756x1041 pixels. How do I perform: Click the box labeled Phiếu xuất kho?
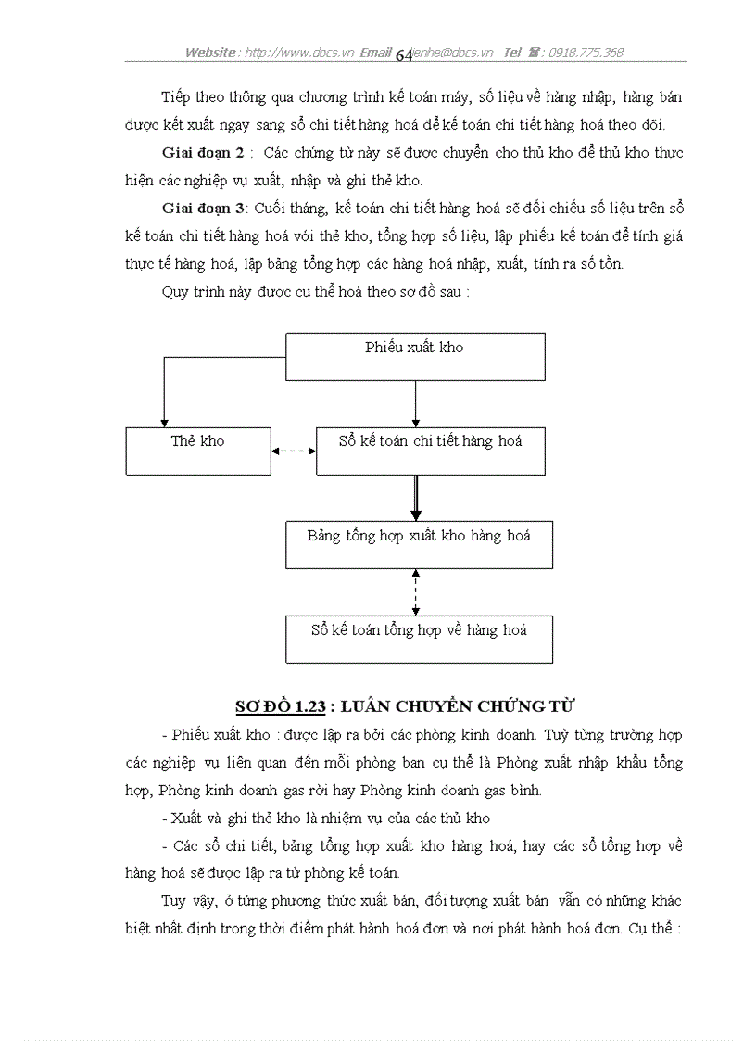(x=414, y=357)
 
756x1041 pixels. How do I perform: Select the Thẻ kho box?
(x=198, y=451)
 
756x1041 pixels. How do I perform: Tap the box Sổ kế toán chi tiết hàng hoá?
(x=430, y=451)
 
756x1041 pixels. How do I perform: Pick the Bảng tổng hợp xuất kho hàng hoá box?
(x=419, y=545)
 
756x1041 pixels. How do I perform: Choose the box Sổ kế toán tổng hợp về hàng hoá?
(x=419, y=640)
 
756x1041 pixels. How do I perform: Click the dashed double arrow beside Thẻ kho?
(x=294, y=451)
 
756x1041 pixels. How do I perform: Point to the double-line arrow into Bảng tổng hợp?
(x=416, y=499)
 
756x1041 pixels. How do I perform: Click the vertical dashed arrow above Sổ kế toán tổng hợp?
(x=416, y=592)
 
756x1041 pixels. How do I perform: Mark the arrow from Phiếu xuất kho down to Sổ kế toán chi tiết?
(x=415, y=403)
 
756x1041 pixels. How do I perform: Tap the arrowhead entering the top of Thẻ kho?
(x=164, y=422)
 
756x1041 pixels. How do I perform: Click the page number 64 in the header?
(x=404, y=56)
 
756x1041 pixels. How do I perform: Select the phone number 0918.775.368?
(x=586, y=53)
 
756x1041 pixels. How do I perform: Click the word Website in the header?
(x=210, y=53)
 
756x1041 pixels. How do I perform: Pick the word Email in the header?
(x=375, y=53)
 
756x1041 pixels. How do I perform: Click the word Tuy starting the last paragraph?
(x=173, y=901)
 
